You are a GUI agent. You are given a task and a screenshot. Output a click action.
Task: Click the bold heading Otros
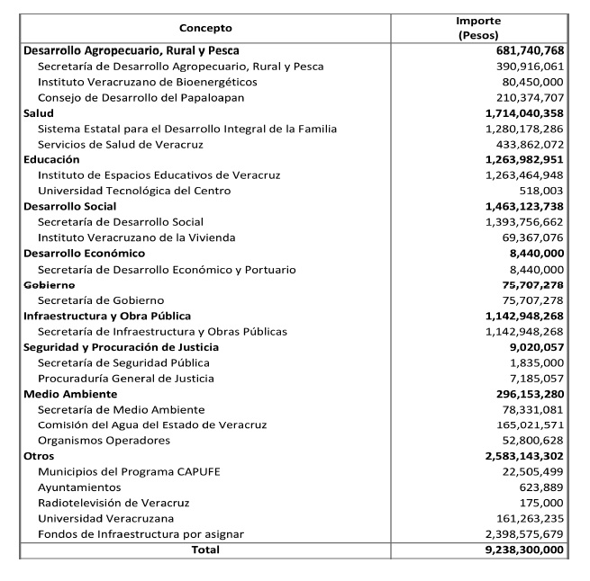(39, 456)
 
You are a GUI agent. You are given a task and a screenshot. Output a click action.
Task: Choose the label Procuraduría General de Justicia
(126, 379)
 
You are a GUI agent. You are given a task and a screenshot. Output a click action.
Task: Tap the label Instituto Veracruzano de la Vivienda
(136, 237)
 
